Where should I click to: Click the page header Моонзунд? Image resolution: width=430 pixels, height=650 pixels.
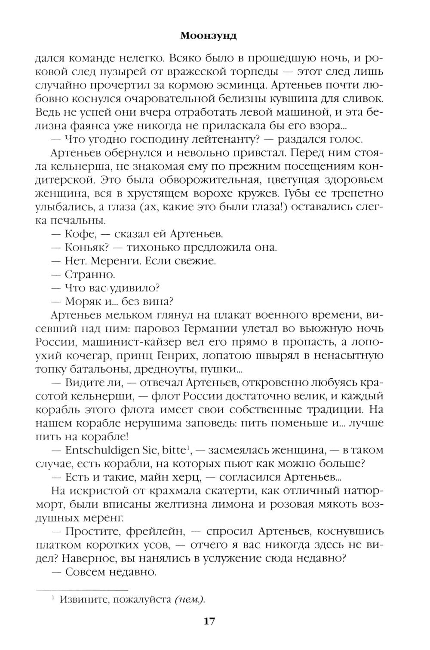tap(208, 36)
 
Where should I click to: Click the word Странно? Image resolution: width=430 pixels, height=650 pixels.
tap(89, 274)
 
